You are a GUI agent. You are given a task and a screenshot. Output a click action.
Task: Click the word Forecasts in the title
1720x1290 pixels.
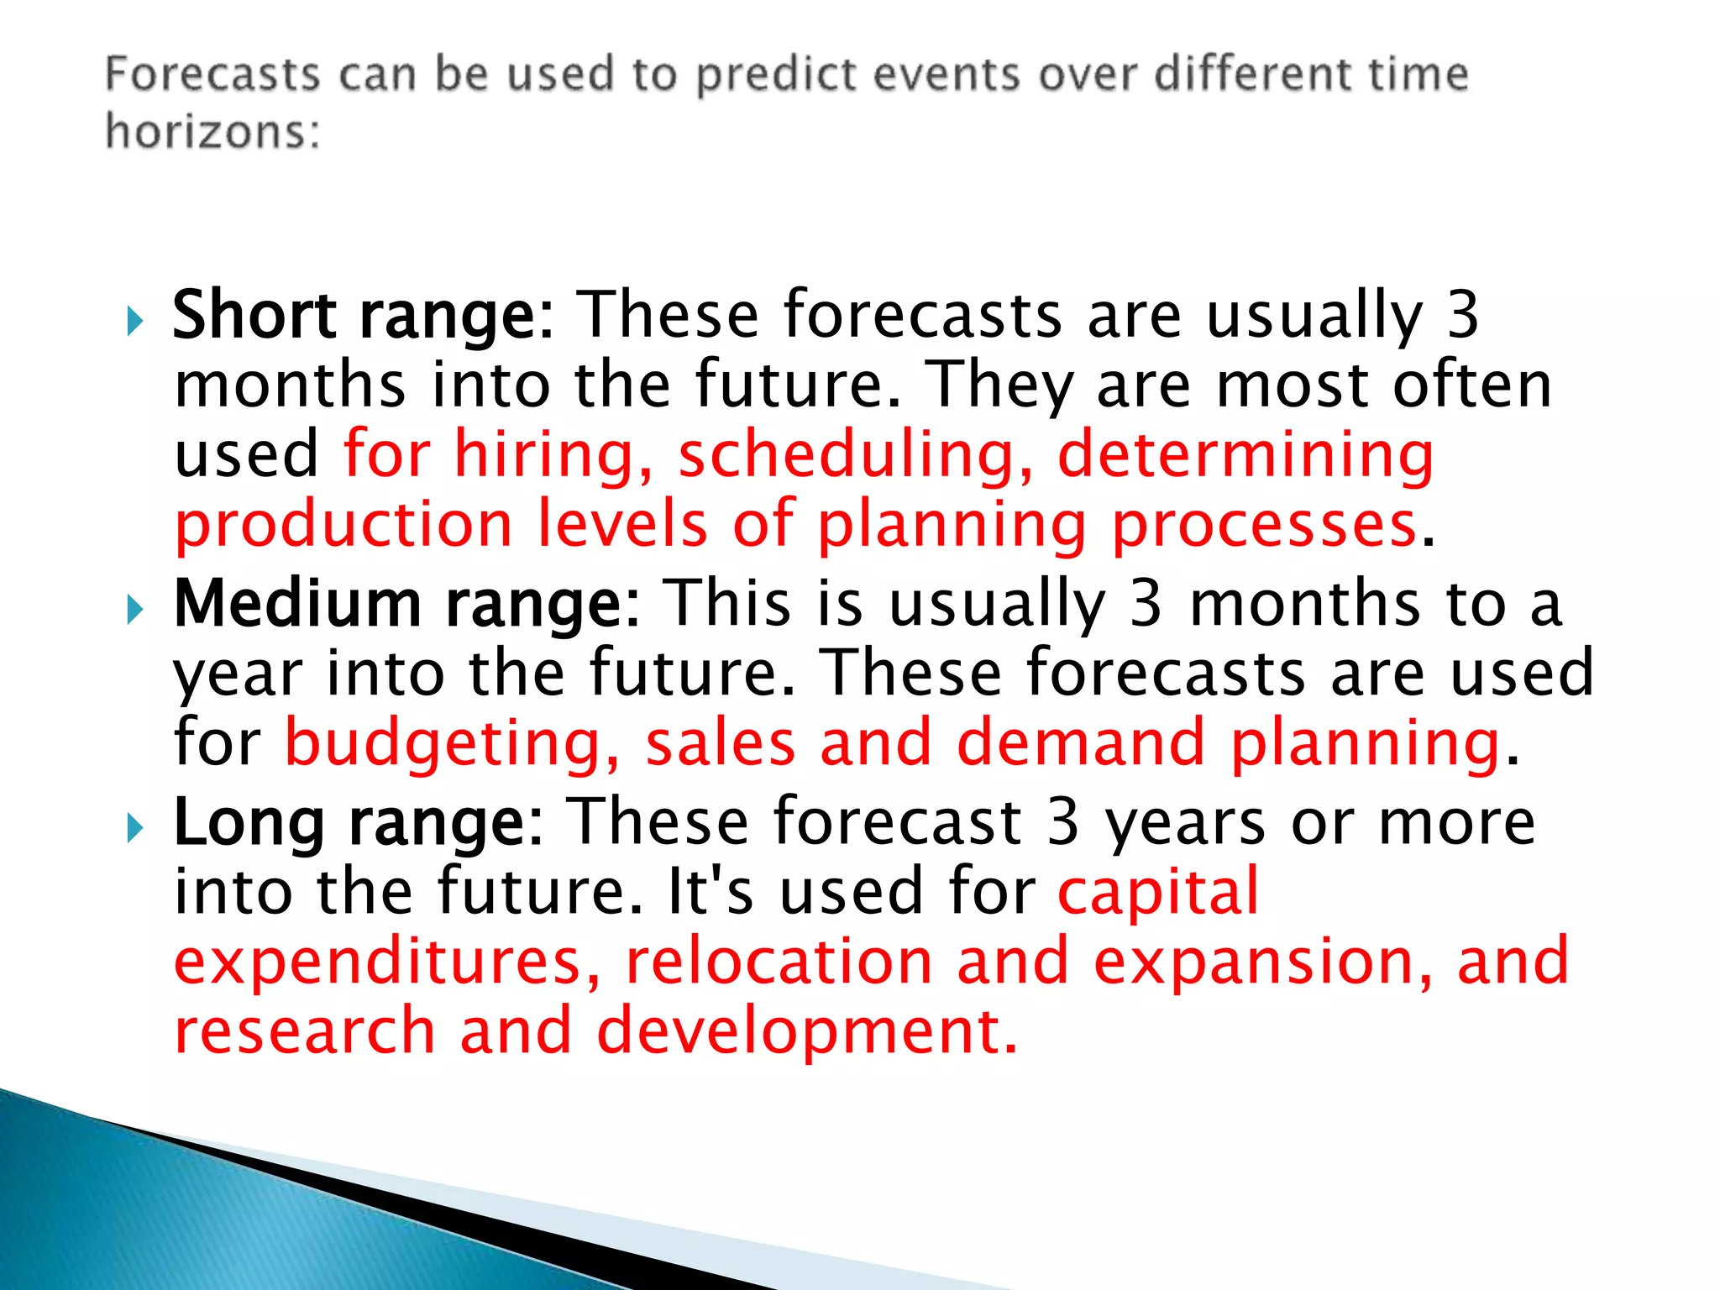coord(212,74)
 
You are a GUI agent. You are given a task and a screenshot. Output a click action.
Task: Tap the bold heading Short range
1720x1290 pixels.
coord(361,315)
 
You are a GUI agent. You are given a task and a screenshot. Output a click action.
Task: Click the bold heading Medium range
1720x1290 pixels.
coord(405,604)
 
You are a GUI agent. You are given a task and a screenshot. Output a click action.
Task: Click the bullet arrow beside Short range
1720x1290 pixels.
coord(135,320)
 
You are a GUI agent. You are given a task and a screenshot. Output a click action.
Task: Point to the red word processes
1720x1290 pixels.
coord(1264,526)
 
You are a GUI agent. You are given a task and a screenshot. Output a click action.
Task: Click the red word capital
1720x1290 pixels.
coord(1159,892)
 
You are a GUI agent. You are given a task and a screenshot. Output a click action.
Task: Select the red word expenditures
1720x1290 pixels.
coord(386,962)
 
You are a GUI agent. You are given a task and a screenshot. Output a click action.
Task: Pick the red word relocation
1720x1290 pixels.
coord(779,962)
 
